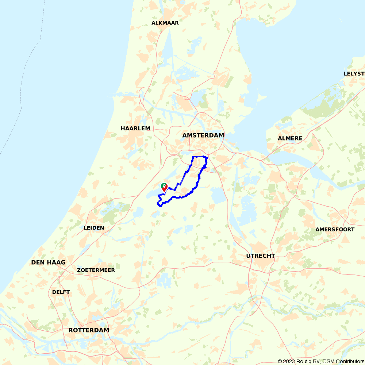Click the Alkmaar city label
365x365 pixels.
click(x=165, y=23)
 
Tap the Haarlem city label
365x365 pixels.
click(x=135, y=128)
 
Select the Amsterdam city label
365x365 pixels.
click(x=203, y=135)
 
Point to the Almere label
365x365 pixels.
click(x=290, y=138)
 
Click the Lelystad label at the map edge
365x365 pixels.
click(x=354, y=74)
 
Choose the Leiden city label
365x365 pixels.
click(x=94, y=228)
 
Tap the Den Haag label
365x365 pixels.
click(x=48, y=262)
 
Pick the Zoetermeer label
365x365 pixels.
click(x=96, y=270)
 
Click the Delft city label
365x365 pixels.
click(x=61, y=292)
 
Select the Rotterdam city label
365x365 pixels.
click(x=89, y=330)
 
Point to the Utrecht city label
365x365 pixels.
click(x=260, y=256)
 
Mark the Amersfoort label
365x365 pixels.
click(x=335, y=230)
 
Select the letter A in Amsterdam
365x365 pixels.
click(x=185, y=135)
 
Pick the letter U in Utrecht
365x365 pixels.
click(x=248, y=256)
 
